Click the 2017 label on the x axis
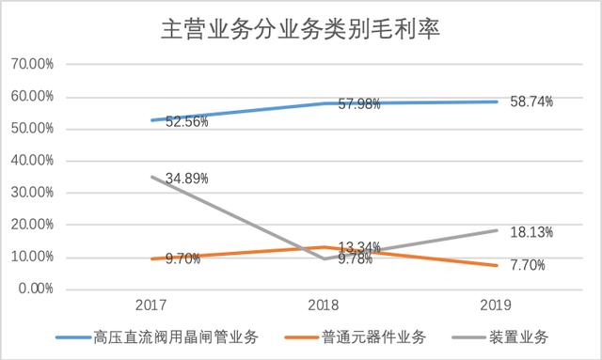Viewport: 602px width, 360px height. (151, 306)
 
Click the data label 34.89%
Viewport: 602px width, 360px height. (182, 178)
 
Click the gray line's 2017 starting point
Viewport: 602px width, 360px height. (151, 177)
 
